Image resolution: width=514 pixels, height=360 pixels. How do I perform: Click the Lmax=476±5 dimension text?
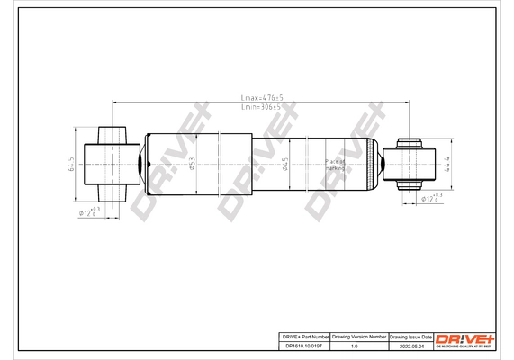point(262,96)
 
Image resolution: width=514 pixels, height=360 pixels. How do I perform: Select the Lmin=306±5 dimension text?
point(262,106)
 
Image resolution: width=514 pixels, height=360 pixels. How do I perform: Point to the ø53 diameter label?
point(193,164)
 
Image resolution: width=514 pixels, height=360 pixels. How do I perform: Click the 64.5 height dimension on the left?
point(70,165)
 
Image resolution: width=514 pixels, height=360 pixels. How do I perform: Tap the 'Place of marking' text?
point(335,164)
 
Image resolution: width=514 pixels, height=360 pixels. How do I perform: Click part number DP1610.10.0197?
point(301,344)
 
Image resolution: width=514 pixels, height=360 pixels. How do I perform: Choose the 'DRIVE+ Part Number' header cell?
point(301,335)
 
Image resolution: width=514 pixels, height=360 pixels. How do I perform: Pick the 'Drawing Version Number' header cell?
point(359,335)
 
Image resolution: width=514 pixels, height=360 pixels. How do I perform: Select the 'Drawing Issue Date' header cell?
point(410,335)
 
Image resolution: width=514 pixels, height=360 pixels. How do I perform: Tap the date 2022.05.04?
point(410,344)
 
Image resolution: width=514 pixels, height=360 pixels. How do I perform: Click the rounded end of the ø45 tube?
point(371,164)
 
